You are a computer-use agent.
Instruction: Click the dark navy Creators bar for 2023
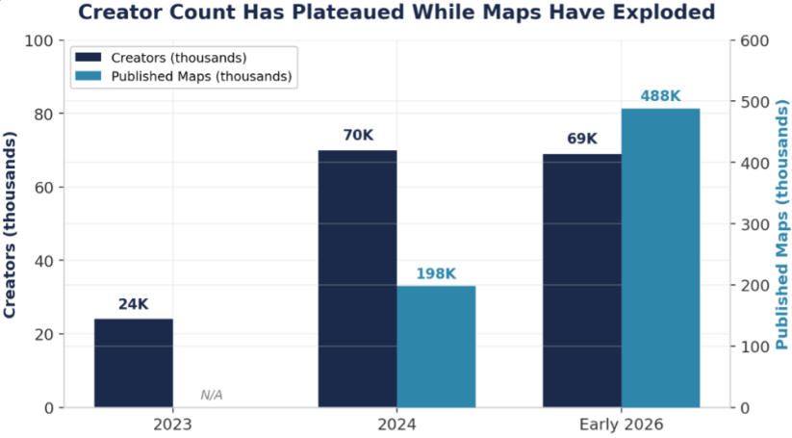(x=134, y=363)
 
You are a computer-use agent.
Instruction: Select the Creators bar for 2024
(x=358, y=279)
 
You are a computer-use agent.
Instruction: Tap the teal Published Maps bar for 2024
(x=436, y=347)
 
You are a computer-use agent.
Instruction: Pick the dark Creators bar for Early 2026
(x=582, y=280)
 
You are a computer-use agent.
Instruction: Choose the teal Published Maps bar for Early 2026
(x=661, y=258)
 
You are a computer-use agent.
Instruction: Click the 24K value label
(x=134, y=304)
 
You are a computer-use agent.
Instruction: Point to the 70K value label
(x=358, y=136)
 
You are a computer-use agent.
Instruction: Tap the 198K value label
(x=436, y=273)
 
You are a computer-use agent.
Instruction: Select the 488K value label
(x=661, y=96)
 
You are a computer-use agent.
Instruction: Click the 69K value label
(x=582, y=139)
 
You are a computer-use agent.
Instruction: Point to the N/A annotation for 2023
(x=212, y=395)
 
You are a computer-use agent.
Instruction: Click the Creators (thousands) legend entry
(x=161, y=58)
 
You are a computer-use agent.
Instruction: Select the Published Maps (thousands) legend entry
(x=184, y=76)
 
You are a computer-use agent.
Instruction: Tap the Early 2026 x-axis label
(x=622, y=425)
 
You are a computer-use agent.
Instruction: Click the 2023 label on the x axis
(x=173, y=425)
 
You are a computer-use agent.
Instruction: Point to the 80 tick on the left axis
(x=44, y=115)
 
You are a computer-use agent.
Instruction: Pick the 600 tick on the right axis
(x=754, y=40)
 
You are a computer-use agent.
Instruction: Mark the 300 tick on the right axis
(x=754, y=224)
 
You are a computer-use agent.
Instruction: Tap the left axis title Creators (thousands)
(x=10, y=225)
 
